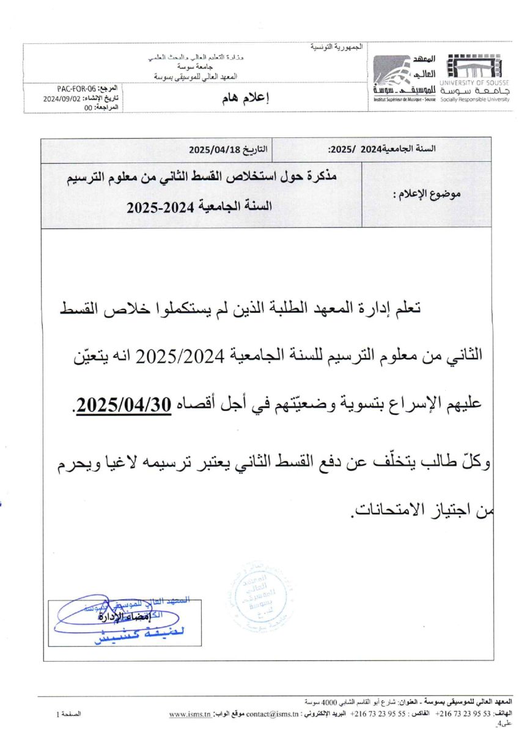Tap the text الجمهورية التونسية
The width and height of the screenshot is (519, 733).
click(337, 47)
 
